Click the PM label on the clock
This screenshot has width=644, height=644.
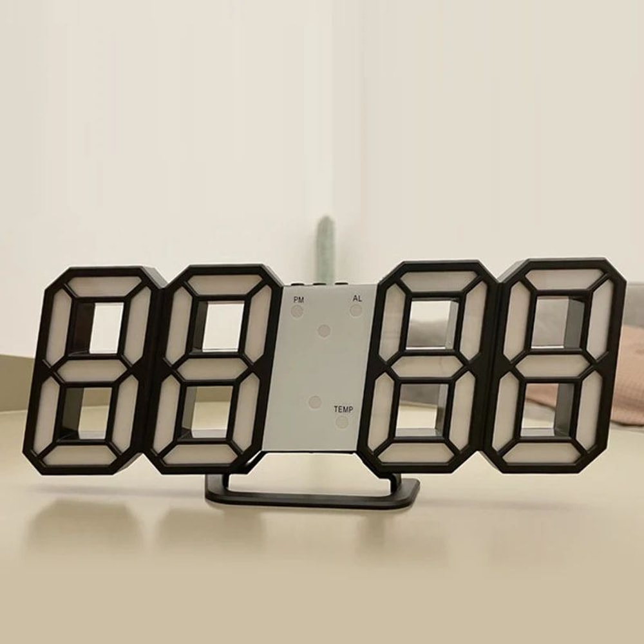coord(299,300)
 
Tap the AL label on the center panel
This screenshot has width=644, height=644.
coord(357,298)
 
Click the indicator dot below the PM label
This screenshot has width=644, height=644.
coord(297,312)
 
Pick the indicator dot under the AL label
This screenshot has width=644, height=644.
coord(355,310)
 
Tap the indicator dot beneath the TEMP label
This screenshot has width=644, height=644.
coord(342,422)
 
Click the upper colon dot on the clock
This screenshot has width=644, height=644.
coord(324,330)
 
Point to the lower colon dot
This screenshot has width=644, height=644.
coord(315,402)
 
